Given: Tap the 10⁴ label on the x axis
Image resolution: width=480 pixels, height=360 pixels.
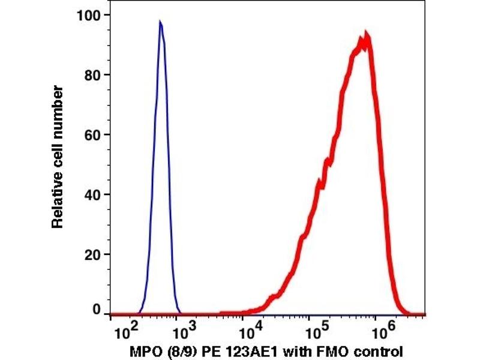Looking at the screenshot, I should pyautogui.click(x=247, y=331).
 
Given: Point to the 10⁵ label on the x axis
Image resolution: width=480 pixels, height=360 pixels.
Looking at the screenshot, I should pyautogui.click(x=313, y=331).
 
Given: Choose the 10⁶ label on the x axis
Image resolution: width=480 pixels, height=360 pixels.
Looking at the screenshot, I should pyautogui.click(x=378, y=331).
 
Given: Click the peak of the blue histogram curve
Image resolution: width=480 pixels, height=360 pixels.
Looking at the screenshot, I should pyautogui.click(x=160, y=22).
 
